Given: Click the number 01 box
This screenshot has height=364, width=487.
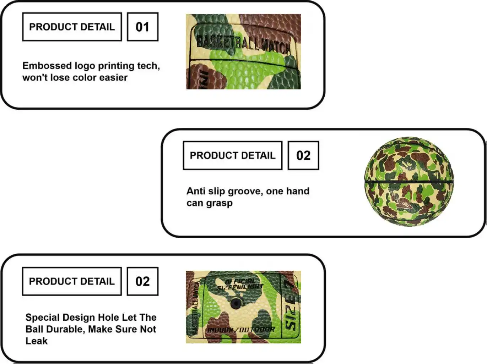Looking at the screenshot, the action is (x=142, y=27).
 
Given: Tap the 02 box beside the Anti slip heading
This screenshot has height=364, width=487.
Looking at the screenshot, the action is (x=303, y=155).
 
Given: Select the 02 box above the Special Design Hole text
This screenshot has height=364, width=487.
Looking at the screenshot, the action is (x=142, y=281).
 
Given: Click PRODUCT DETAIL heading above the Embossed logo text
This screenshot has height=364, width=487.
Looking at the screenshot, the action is (x=72, y=27).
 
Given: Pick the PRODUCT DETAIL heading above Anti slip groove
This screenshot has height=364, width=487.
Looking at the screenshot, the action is (x=232, y=155).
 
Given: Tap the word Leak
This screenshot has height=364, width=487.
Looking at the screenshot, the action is (x=36, y=341).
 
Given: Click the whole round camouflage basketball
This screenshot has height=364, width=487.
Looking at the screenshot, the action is (x=409, y=181).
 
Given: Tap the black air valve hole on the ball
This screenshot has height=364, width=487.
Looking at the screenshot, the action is (x=235, y=304).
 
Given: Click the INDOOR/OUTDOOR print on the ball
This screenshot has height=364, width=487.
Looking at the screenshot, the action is (x=241, y=330).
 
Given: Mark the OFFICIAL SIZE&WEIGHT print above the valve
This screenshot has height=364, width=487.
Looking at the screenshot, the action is (x=240, y=284).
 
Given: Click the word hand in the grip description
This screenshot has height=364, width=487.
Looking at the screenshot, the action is (x=297, y=191).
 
